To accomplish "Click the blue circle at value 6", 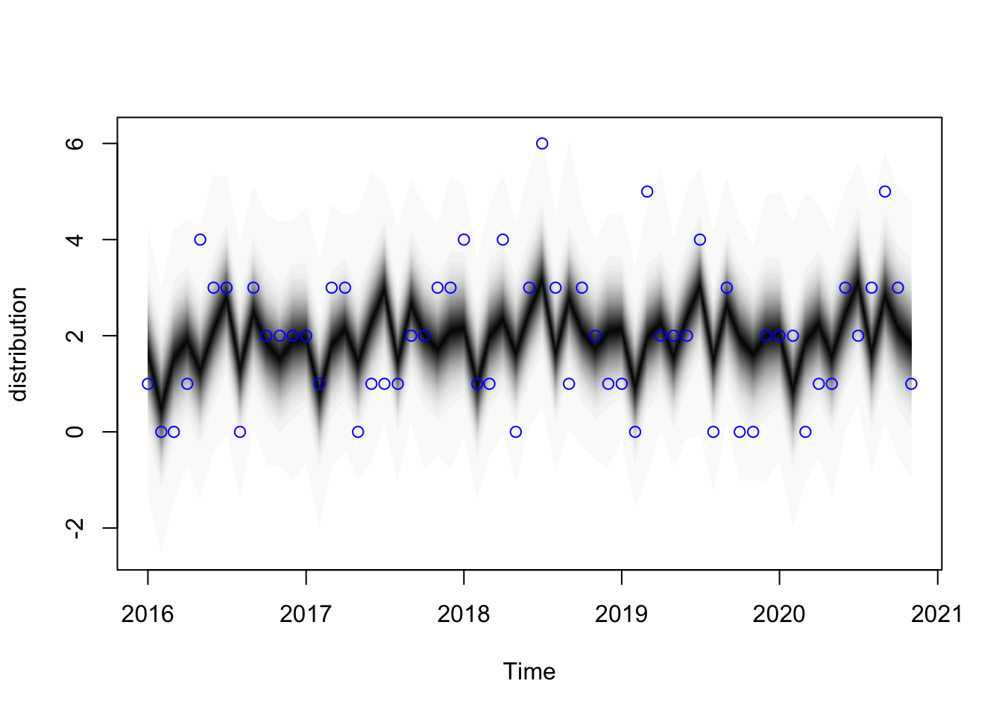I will (x=542, y=143).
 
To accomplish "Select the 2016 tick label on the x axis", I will (x=148, y=615).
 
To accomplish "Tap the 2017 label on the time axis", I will (x=306, y=615).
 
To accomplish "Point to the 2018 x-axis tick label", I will (x=464, y=615).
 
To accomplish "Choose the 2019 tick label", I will (x=622, y=615).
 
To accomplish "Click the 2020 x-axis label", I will (x=779, y=615).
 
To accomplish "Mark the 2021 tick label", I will (x=937, y=615).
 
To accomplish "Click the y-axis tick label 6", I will (x=75, y=143).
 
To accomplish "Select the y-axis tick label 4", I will (x=75, y=239).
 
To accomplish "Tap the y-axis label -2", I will (x=75, y=528).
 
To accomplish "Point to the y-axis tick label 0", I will (x=75, y=432).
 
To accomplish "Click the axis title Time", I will (x=529, y=672).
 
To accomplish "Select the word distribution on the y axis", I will (x=19, y=344).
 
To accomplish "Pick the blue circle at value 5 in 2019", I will (x=647, y=192).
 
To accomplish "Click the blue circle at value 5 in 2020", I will (x=885, y=192).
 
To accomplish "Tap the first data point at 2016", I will (x=148, y=384).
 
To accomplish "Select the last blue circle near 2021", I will (x=911, y=384).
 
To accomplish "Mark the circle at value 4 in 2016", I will (x=200, y=239).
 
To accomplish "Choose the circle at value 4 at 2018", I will (x=464, y=239).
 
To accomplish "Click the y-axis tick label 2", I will (x=75, y=336).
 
